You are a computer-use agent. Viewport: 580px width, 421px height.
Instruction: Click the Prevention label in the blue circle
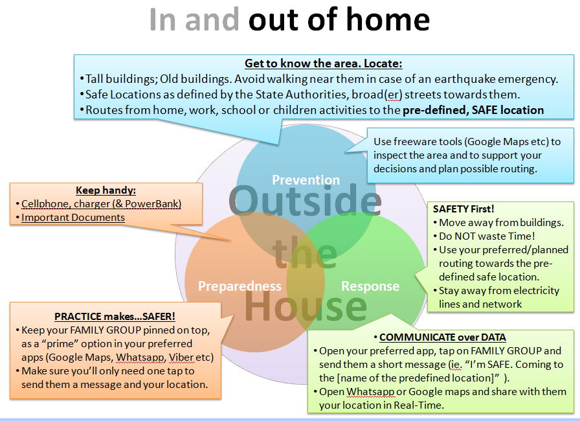306,180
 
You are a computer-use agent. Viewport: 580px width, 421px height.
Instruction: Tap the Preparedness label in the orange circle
240,286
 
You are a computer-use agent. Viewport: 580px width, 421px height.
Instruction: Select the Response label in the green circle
370,286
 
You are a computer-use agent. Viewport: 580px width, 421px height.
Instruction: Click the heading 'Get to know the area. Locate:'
323,63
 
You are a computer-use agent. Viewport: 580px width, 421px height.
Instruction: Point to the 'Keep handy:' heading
106,190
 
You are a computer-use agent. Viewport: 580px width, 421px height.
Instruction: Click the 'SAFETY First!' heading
463,209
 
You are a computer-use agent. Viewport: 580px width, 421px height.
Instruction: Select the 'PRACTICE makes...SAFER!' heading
115,317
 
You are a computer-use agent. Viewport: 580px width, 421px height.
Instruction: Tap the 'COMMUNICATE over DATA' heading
442,337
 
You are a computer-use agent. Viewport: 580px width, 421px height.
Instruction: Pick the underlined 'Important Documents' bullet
73,218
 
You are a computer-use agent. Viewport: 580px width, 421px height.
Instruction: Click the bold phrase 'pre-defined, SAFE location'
473,110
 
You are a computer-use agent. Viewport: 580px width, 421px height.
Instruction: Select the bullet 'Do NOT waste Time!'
487,236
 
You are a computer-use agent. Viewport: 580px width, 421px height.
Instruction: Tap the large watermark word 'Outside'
305,200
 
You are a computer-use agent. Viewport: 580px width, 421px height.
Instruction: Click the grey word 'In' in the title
162,19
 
